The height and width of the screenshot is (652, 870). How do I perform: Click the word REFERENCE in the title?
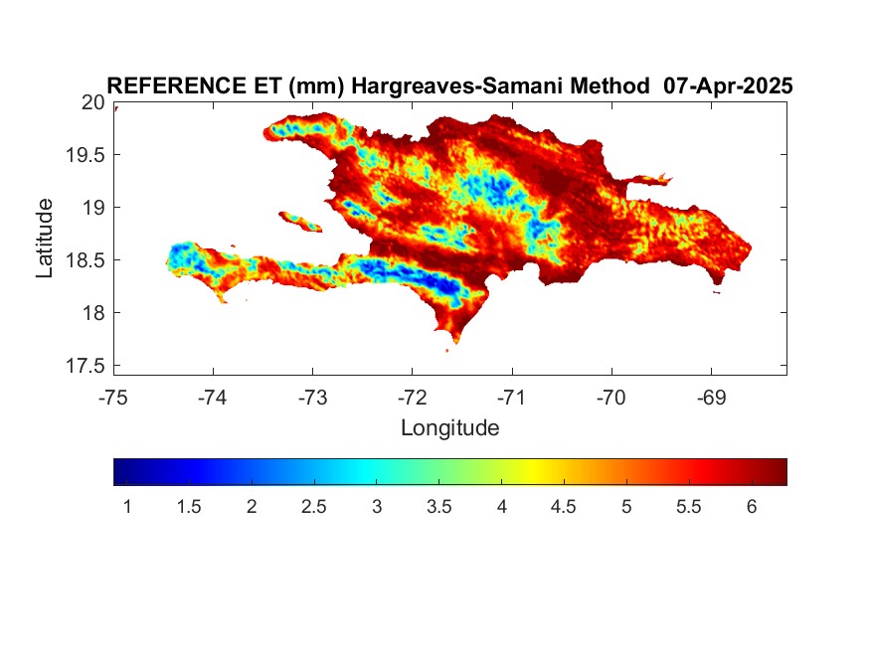click(176, 85)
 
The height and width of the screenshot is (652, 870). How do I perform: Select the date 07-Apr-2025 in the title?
click(728, 85)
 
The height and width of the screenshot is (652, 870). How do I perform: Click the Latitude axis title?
click(45, 238)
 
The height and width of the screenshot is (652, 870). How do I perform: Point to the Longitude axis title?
click(450, 428)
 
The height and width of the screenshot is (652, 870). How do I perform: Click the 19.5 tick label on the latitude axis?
click(86, 155)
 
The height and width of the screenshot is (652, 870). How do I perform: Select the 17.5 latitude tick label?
click(86, 366)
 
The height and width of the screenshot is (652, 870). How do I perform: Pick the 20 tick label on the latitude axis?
click(92, 102)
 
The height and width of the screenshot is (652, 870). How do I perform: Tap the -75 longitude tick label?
click(113, 398)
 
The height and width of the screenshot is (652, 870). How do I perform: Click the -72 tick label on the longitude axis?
click(413, 398)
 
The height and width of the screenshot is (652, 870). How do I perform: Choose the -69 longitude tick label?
click(711, 398)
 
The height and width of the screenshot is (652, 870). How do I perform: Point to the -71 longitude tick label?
click(512, 398)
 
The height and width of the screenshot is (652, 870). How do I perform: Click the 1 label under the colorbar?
click(127, 506)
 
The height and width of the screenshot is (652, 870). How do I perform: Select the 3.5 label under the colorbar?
click(438, 506)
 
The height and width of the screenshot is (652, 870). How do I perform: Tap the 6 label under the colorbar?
click(752, 506)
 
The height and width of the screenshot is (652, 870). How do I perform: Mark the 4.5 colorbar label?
click(563, 506)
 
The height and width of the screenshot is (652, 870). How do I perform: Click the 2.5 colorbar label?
click(313, 506)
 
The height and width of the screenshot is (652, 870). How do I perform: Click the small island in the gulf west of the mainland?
click(300, 222)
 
